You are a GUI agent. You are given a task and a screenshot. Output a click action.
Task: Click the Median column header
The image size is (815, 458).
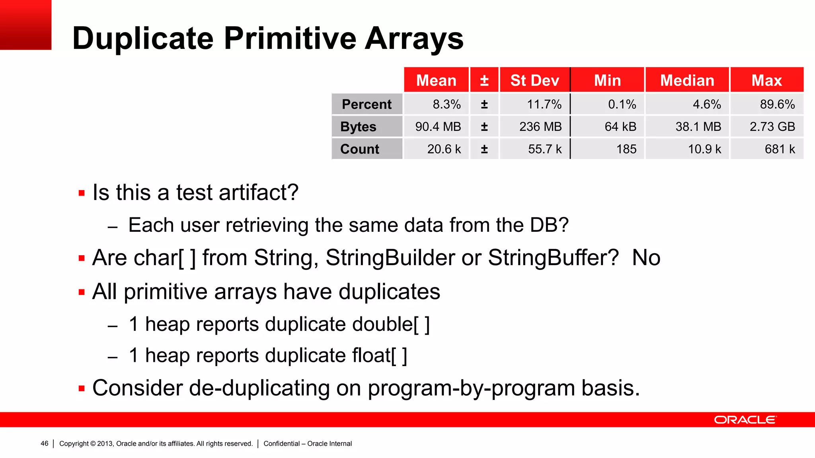tap(687, 80)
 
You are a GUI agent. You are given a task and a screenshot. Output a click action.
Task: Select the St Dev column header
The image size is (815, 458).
tap(534, 80)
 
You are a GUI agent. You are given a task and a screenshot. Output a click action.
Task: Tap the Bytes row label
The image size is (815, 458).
tap(358, 126)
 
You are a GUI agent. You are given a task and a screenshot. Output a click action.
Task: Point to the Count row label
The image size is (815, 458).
tap(360, 149)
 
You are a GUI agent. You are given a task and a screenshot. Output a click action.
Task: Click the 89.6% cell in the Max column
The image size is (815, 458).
tap(777, 104)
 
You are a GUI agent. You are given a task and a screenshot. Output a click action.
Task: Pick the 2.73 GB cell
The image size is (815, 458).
tap(772, 126)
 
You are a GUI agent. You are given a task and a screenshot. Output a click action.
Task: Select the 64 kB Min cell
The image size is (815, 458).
tap(620, 126)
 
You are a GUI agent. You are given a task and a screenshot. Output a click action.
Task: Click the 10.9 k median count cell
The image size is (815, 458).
tap(704, 149)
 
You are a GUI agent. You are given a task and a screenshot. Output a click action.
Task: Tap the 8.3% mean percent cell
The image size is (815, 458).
tap(446, 104)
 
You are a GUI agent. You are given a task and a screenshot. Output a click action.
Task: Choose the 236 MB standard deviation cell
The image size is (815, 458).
tap(540, 126)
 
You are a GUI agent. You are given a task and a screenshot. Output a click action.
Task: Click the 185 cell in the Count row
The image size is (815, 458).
tap(626, 149)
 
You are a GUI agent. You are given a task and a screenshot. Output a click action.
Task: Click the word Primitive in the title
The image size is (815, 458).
tap(290, 39)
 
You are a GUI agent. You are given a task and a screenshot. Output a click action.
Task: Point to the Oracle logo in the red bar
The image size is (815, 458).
tap(745, 420)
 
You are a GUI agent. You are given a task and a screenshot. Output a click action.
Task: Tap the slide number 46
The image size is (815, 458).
tap(45, 443)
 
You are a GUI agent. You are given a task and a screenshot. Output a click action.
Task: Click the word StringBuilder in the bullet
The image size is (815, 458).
tap(390, 258)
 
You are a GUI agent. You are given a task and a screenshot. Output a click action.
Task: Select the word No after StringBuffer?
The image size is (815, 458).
tap(646, 258)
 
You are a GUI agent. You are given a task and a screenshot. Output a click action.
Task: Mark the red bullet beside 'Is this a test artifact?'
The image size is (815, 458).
tap(82, 194)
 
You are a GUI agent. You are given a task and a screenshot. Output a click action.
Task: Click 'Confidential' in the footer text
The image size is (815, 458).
tap(281, 443)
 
